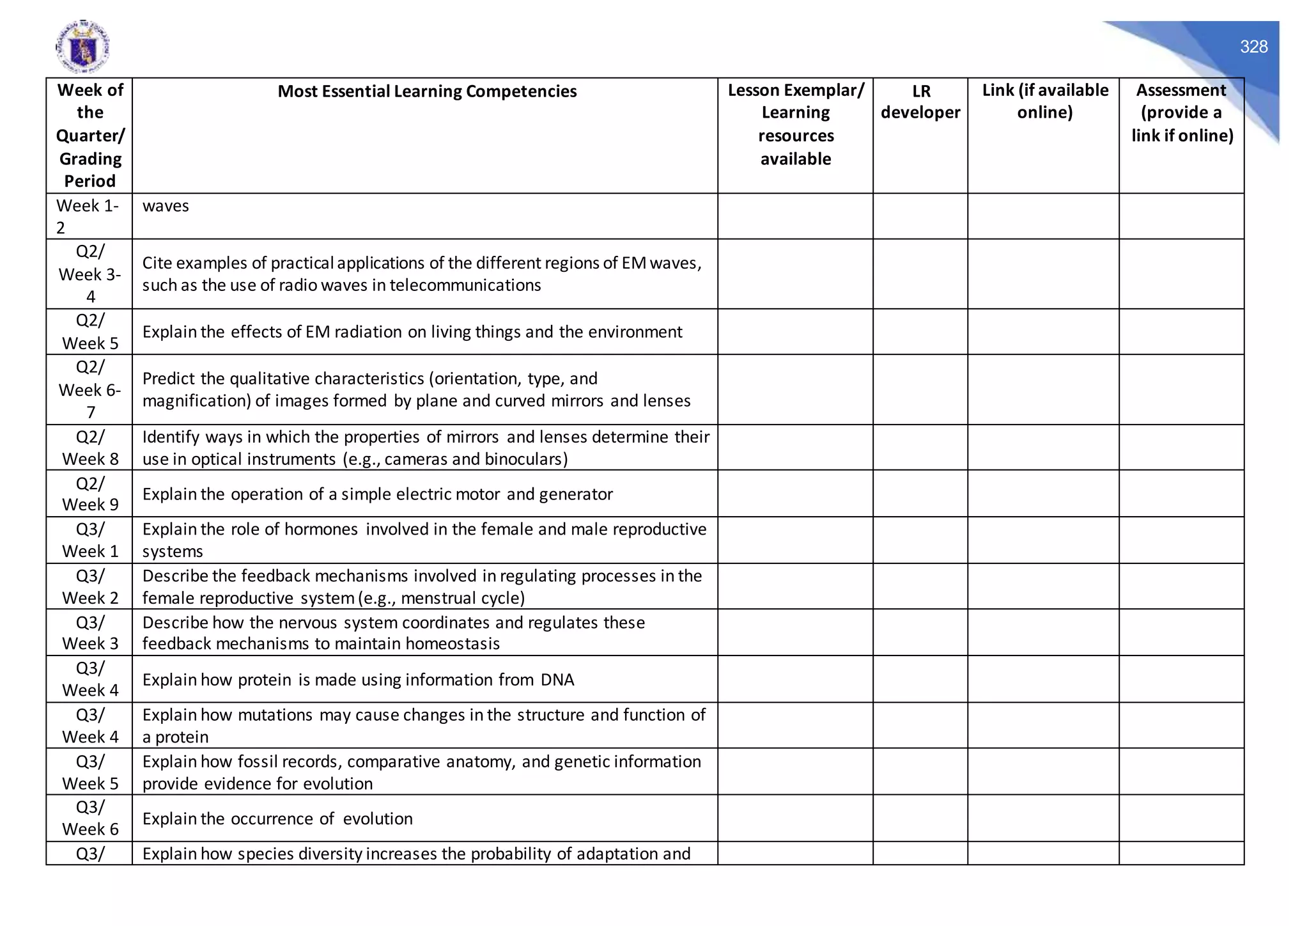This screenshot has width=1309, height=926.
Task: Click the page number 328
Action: (x=1253, y=47)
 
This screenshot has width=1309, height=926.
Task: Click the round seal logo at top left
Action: (x=82, y=47)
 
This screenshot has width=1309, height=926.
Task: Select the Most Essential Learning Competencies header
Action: (x=426, y=91)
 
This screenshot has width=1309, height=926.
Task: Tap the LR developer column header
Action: (x=920, y=102)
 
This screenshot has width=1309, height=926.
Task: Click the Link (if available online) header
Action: (x=1044, y=101)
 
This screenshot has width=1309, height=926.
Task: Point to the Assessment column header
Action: (x=1181, y=113)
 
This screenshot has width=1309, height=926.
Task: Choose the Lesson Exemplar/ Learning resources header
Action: (x=795, y=124)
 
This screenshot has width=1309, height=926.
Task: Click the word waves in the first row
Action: (x=166, y=206)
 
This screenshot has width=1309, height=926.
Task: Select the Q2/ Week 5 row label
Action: (x=89, y=332)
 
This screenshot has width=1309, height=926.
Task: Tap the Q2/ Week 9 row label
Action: (x=89, y=494)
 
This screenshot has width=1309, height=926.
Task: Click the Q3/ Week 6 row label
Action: (x=89, y=818)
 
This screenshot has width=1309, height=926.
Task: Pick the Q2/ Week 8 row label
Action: (x=89, y=448)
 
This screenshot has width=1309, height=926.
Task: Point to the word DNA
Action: (x=557, y=680)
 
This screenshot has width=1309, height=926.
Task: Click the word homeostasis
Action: (x=452, y=644)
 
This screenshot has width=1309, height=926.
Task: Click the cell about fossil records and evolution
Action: (x=422, y=772)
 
